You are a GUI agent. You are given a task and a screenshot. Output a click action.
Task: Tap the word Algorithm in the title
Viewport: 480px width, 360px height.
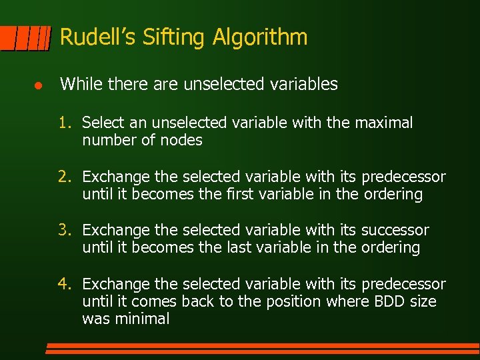coord(260,38)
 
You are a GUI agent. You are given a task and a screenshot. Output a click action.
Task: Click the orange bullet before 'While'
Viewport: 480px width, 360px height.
coord(39,85)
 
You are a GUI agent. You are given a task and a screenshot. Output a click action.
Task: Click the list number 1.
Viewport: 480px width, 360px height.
coord(63,123)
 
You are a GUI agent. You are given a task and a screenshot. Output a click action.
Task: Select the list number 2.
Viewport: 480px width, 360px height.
coord(63,177)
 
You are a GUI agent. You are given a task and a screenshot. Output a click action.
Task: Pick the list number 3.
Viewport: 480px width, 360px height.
coord(63,230)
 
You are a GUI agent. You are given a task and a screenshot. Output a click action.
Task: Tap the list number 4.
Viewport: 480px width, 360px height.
coord(63,284)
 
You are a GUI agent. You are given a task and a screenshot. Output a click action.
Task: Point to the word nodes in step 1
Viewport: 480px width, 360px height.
coord(183,141)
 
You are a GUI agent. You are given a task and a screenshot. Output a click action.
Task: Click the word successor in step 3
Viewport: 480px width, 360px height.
coord(395,231)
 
